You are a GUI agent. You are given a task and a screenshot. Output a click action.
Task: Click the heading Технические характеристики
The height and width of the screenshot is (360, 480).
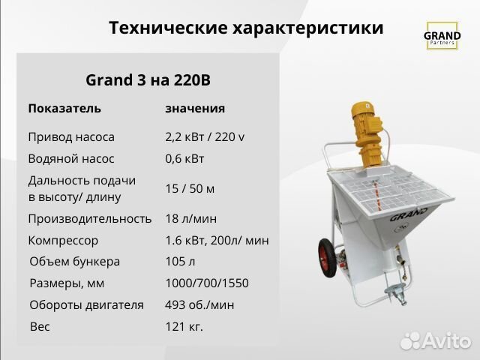[246, 28]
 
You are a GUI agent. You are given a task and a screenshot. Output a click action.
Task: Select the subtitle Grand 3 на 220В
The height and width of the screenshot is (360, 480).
[153, 79]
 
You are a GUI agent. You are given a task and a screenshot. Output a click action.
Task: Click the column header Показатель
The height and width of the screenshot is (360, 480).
[64, 108]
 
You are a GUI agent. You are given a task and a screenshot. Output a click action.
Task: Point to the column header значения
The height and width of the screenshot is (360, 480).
[195, 108]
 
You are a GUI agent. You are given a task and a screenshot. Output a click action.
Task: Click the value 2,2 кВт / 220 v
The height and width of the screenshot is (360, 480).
[205, 137]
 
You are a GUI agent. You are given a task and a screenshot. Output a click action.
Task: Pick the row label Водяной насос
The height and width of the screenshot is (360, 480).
[70, 159]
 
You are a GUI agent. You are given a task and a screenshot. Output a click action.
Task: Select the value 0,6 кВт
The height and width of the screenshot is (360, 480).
[184, 159]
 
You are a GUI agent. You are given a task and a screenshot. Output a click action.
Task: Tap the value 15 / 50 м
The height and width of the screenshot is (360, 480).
[190, 188]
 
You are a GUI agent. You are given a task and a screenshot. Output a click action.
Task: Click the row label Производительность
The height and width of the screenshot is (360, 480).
[90, 218]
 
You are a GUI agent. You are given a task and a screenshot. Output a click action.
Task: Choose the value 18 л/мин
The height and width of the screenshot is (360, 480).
[191, 218]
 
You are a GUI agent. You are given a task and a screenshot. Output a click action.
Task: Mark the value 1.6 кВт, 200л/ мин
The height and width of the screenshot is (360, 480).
[217, 241]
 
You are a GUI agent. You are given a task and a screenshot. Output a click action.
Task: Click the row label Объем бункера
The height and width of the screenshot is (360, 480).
[74, 262]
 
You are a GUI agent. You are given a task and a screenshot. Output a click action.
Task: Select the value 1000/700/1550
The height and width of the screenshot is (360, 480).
[206, 283]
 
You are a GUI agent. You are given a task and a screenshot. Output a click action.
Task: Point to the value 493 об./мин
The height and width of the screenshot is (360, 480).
[199, 304]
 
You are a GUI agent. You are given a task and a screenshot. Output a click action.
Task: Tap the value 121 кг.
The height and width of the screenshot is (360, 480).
[184, 326]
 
